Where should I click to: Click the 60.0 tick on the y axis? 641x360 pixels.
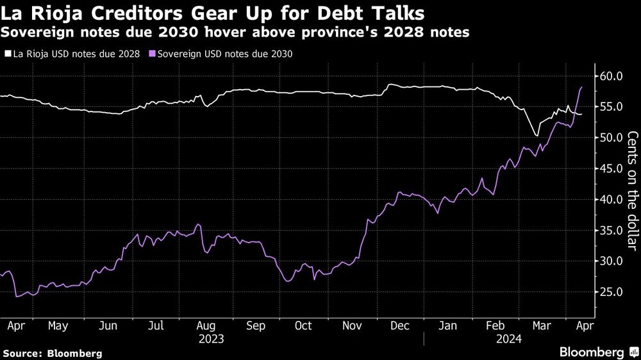610,76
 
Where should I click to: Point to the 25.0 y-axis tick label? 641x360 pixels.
610,291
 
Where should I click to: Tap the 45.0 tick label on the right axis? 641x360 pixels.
610,168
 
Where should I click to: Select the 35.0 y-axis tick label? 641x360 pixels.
610,230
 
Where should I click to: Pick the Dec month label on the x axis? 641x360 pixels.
401,325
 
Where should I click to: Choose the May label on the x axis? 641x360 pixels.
58,325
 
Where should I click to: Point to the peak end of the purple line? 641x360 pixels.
581,87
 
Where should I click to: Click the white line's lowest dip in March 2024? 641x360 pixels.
536,135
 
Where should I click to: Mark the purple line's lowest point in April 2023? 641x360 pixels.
16,296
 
